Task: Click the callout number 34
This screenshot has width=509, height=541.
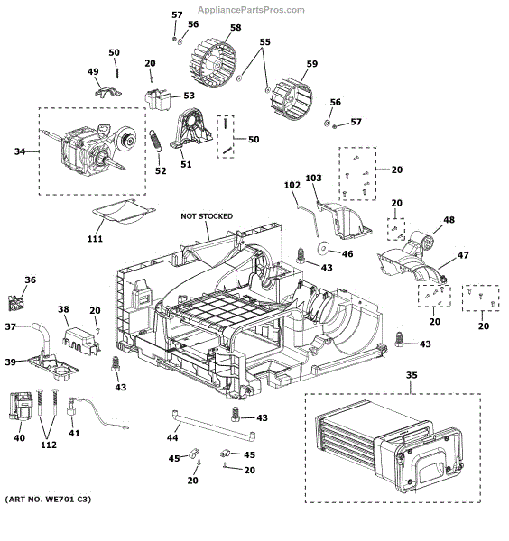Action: point(19,151)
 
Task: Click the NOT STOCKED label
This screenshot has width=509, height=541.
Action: point(206,216)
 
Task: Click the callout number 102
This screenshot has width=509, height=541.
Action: point(292,185)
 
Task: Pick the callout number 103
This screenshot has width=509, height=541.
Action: point(313,179)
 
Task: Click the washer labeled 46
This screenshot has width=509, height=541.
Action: point(322,249)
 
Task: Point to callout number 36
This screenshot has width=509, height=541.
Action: point(30,280)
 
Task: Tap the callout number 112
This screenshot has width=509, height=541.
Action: point(49,445)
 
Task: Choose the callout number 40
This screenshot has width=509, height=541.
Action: point(19,437)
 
